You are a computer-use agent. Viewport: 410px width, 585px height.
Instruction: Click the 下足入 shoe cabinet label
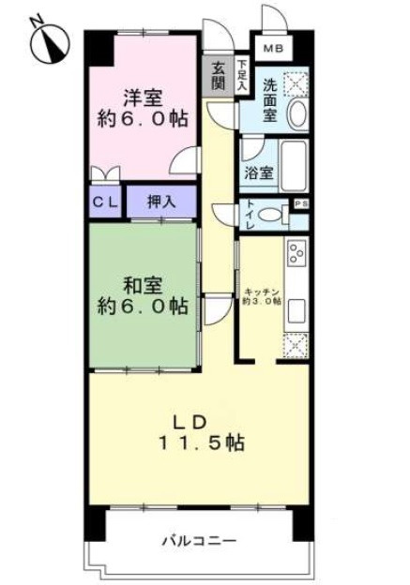point(242,75)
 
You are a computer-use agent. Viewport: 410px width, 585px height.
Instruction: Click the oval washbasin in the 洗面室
point(298,115)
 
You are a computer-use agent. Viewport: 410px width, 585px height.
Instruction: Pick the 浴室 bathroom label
point(259,173)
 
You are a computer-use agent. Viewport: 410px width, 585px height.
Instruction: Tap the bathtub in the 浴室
point(296,167)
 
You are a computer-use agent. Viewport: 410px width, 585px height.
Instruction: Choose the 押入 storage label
point(161,201)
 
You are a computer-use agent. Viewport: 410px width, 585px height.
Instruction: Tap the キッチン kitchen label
point(262,292)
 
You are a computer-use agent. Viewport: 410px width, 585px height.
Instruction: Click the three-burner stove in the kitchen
point(297,254)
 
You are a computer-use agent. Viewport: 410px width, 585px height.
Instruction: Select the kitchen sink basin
point(296,310)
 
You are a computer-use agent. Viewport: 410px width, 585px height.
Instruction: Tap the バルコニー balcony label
point(198,541)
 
